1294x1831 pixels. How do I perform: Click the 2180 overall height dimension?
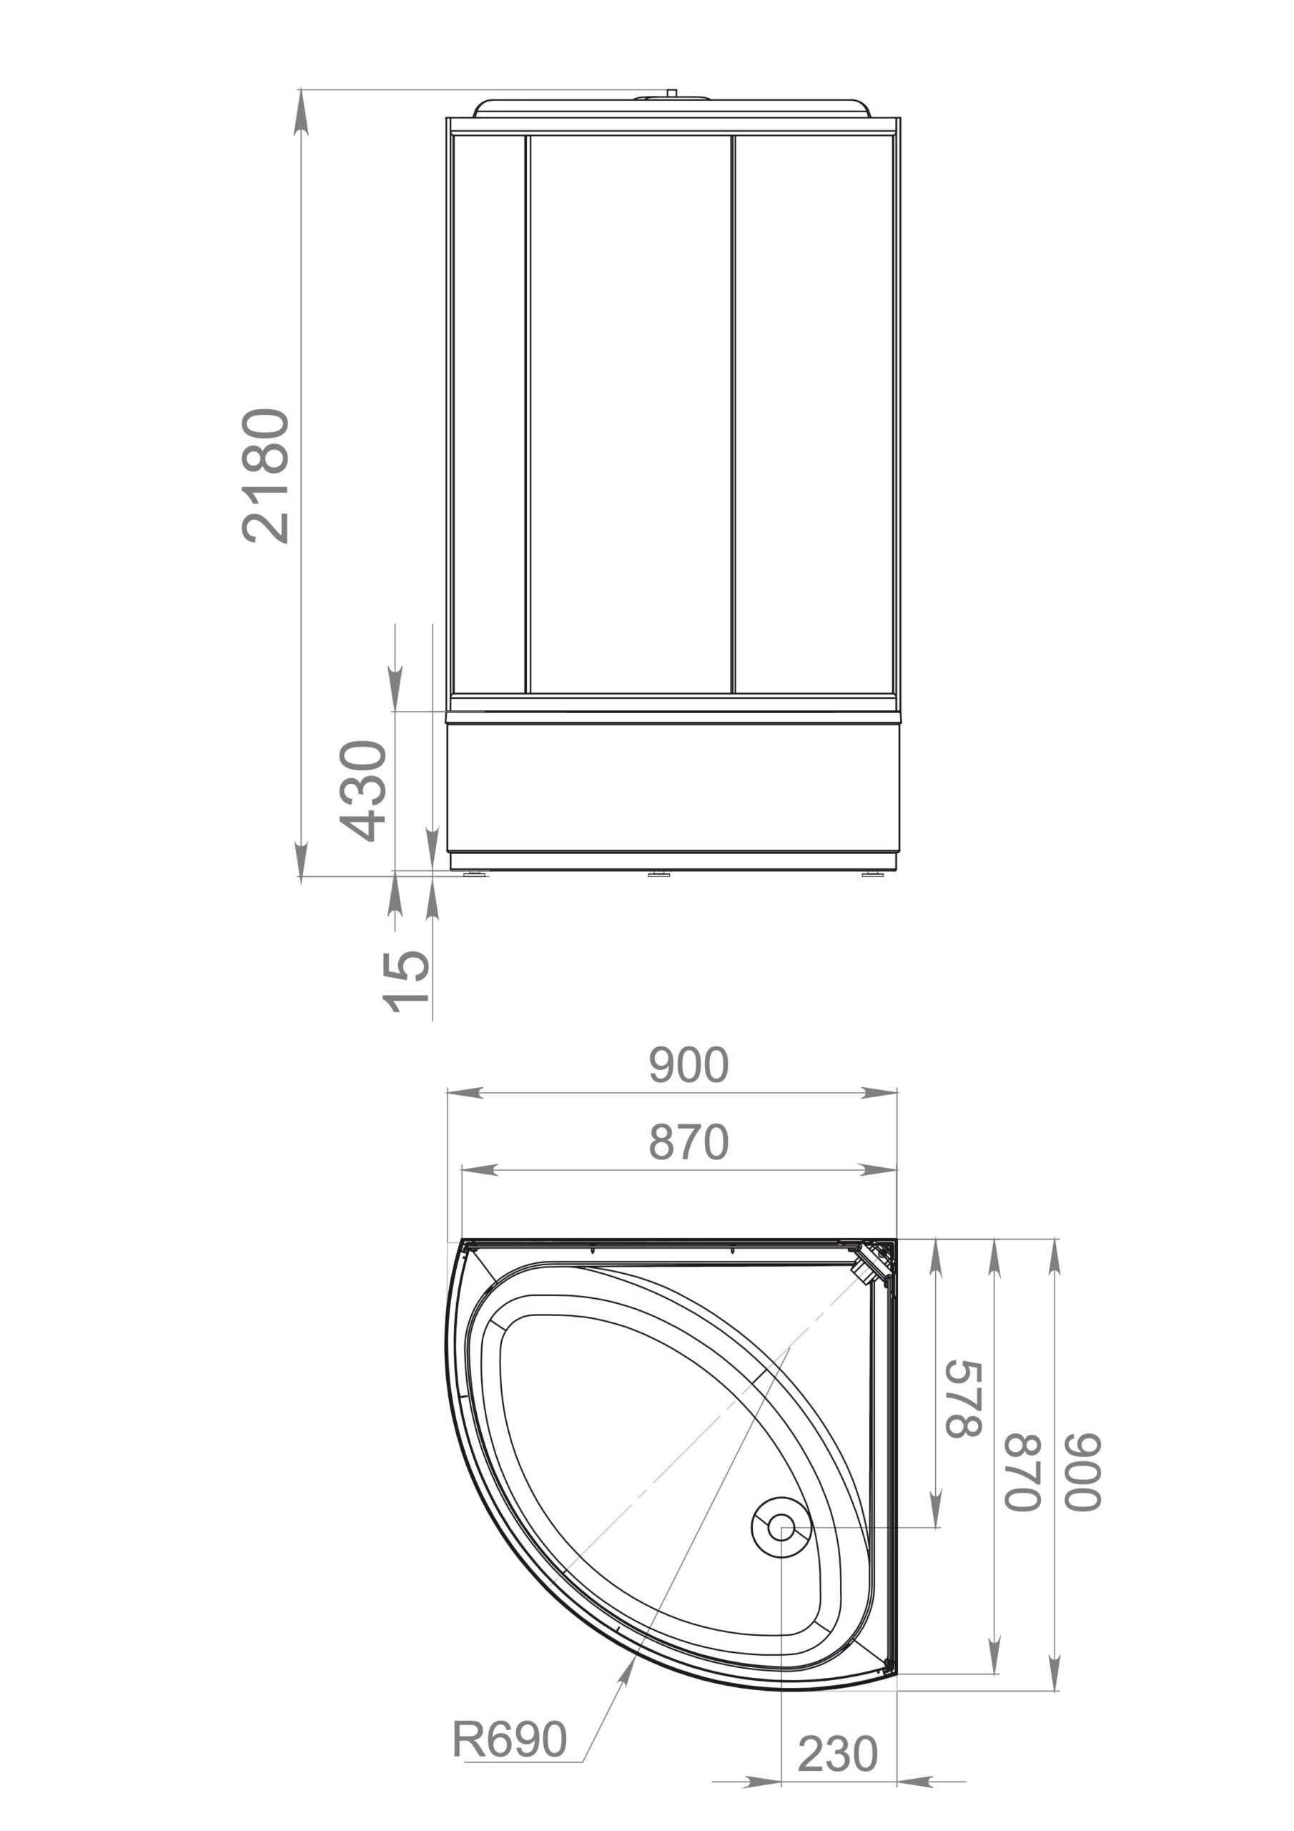click(265, 476)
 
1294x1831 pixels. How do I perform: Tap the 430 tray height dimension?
click(364, 790)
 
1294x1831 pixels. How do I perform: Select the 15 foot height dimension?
click(406, 981)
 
